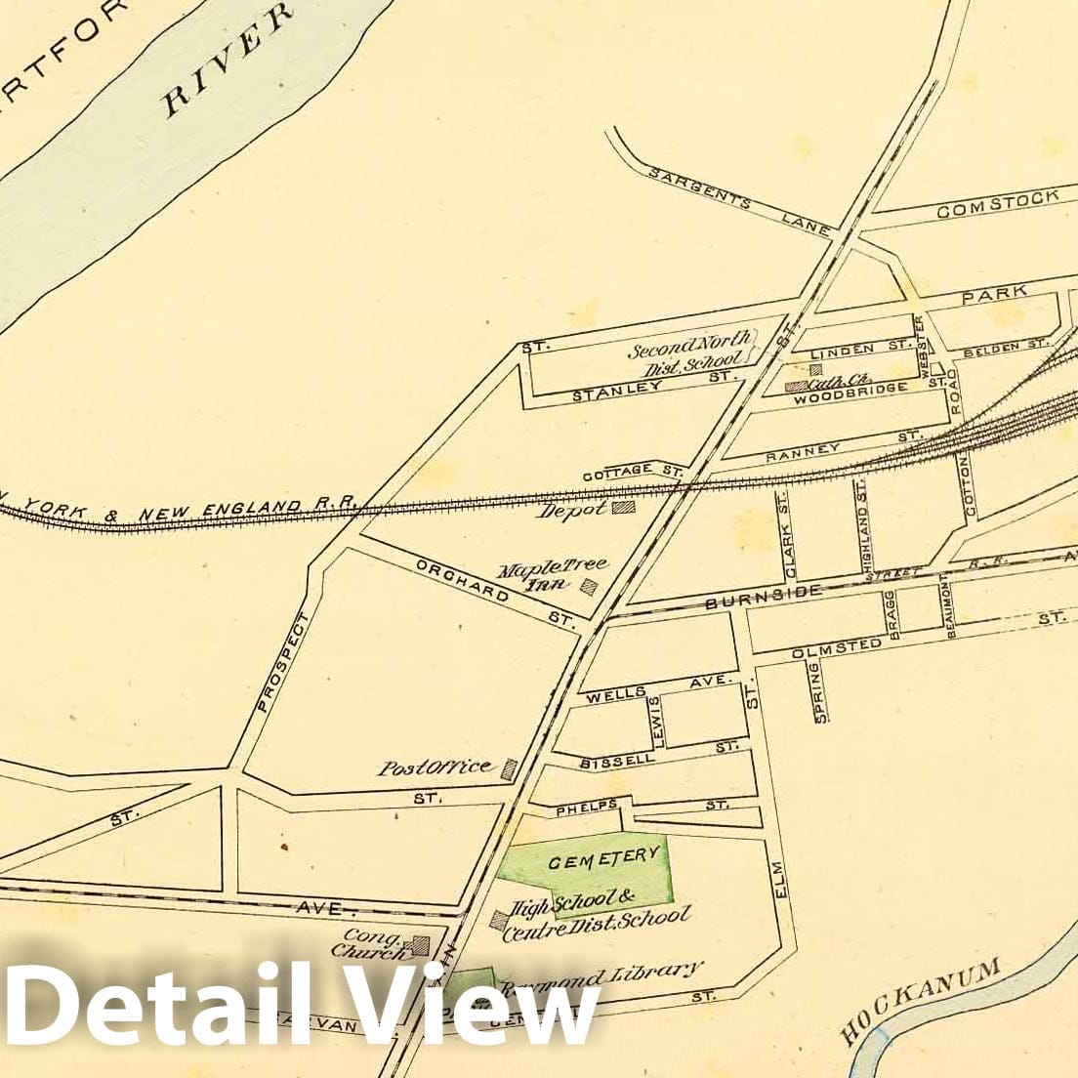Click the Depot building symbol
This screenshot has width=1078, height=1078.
(622, 507)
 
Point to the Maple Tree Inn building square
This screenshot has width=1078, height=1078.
(589, 586)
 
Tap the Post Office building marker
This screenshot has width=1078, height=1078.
(509, 769)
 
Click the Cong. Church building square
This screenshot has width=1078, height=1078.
(421, 944)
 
